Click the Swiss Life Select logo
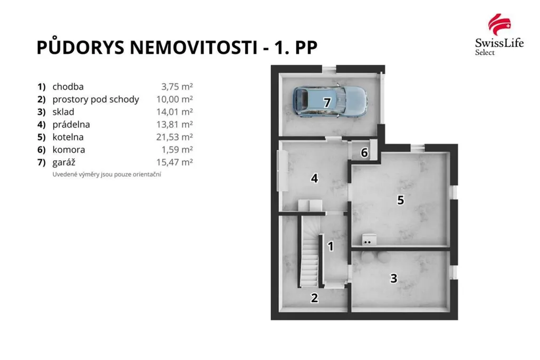pos(499,34)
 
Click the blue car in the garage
pos(330,101)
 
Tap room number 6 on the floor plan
pos(364,152)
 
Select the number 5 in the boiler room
pos(400,200)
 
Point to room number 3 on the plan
pos(393,278)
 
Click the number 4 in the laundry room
pos(314,178)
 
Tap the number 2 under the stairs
pos(314,298)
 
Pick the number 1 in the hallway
pos(331,246)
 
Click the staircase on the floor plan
pos(309,251)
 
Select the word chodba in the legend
pos(68,87)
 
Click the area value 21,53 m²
pos(174,137)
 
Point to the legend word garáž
pos(64,162)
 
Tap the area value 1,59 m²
pos(177,150)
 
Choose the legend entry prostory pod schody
pos(96,100)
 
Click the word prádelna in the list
pos(71,124)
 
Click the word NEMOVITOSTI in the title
pos(193,47)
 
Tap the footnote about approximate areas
pos(107,174)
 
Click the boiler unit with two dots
pos(369,239)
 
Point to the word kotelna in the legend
pos(68,137)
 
